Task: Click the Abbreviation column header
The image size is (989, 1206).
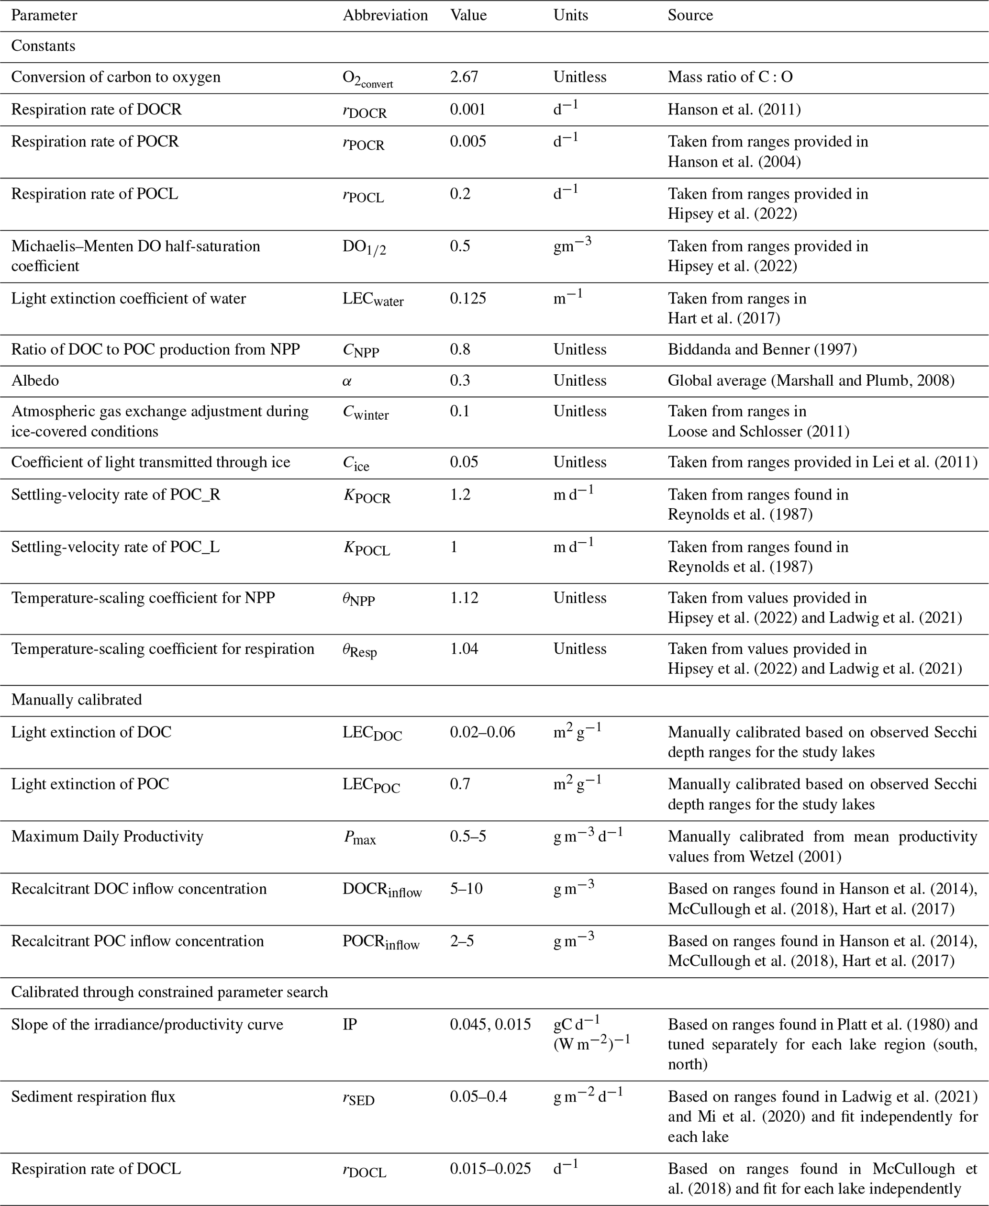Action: click(385, 15)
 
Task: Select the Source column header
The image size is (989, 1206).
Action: click(690, 15)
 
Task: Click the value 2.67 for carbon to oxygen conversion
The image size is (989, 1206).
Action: click(464, 77)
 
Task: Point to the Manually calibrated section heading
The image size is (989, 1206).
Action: click(77, 700)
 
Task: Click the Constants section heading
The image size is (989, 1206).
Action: click(43, 45)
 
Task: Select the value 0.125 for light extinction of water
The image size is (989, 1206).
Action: click(468, 299)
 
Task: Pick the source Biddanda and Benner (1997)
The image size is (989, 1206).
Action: click(762, 349)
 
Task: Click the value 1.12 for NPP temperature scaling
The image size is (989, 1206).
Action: click(464, 598)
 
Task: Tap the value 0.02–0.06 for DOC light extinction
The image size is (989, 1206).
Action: click(482, 732)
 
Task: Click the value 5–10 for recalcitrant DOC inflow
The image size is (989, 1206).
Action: click(466, 889)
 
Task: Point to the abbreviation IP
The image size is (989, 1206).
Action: click(350, 1024)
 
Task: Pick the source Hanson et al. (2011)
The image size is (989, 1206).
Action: click(734, 110)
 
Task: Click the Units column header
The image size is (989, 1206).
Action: click(570, 15)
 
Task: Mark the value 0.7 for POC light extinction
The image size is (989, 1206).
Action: click(460, 784)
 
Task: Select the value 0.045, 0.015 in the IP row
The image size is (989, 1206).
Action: click(490, 1024)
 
